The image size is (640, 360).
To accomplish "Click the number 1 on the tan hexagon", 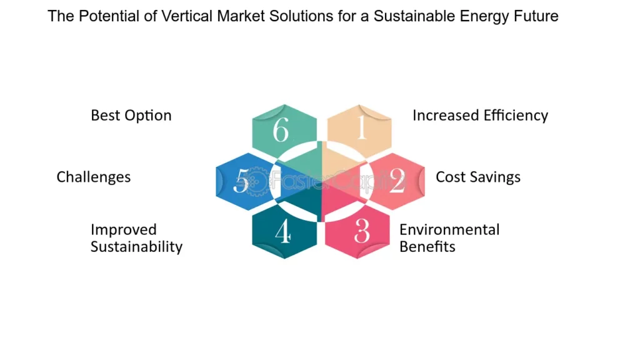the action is [361, 127].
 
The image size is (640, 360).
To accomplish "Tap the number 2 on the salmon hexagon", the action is [397, 181].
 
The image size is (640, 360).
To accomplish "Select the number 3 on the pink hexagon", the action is [362, 231].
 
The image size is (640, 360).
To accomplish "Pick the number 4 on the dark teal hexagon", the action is [283, 231].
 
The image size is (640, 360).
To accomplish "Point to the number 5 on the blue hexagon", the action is [241, 181].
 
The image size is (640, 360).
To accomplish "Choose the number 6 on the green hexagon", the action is [281, 129].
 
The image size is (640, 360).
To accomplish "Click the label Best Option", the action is [131, 116].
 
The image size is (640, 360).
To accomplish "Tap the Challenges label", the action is [94, 177].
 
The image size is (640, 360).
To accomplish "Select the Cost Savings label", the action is [478, 177].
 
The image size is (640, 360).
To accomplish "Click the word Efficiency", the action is [516, 116].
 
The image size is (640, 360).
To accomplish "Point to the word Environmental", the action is [449, 230].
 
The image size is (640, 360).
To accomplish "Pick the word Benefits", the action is [427, 247].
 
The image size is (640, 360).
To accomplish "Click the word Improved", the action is [124, 230].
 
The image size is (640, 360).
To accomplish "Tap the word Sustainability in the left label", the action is [136, 247].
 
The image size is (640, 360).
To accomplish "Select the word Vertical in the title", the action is [187, 16].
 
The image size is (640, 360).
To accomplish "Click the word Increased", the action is [446, 116].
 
